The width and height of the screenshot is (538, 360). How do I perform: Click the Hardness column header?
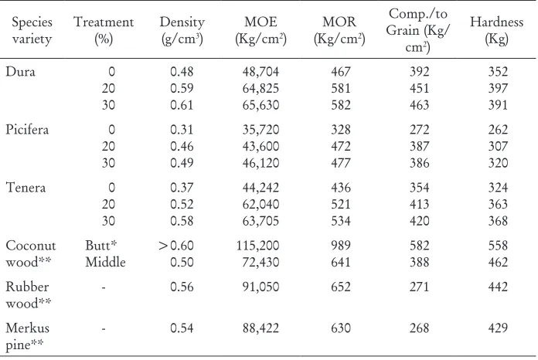tap(496, 30)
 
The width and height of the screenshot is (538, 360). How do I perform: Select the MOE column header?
tap(260, 30)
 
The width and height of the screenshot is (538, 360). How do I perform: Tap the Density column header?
tap(182, 30)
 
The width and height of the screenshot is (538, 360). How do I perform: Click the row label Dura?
tap(20, 72)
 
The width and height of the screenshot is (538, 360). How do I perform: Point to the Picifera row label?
tap(27, 130)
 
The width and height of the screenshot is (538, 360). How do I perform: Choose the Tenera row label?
tap(26, 188)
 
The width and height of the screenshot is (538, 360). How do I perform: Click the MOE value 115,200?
tap(257, 246)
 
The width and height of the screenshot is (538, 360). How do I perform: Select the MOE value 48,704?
tap(260, 72)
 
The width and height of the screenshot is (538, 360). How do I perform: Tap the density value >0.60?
tap(176, 246)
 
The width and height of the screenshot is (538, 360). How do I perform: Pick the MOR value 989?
tap(340, 246)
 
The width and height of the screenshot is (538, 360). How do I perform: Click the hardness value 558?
tap(498, 246)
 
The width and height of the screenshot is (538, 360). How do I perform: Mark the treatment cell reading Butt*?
tap(100, 246)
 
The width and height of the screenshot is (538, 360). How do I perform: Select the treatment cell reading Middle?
tap(105, 263)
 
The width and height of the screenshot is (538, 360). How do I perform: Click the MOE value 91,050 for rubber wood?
tap(260, 287)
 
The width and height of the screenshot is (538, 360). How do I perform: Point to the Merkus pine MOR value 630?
tap(340, 328)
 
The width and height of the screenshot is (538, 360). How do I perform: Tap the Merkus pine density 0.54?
tap(182, 328)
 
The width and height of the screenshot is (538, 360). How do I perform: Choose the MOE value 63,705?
tap(260, 221)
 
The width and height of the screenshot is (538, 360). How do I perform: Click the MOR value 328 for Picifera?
tap(340, 130)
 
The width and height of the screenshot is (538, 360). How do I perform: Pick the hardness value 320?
tap(498, 163)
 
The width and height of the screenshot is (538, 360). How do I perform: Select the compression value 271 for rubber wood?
tap(419, 287)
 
